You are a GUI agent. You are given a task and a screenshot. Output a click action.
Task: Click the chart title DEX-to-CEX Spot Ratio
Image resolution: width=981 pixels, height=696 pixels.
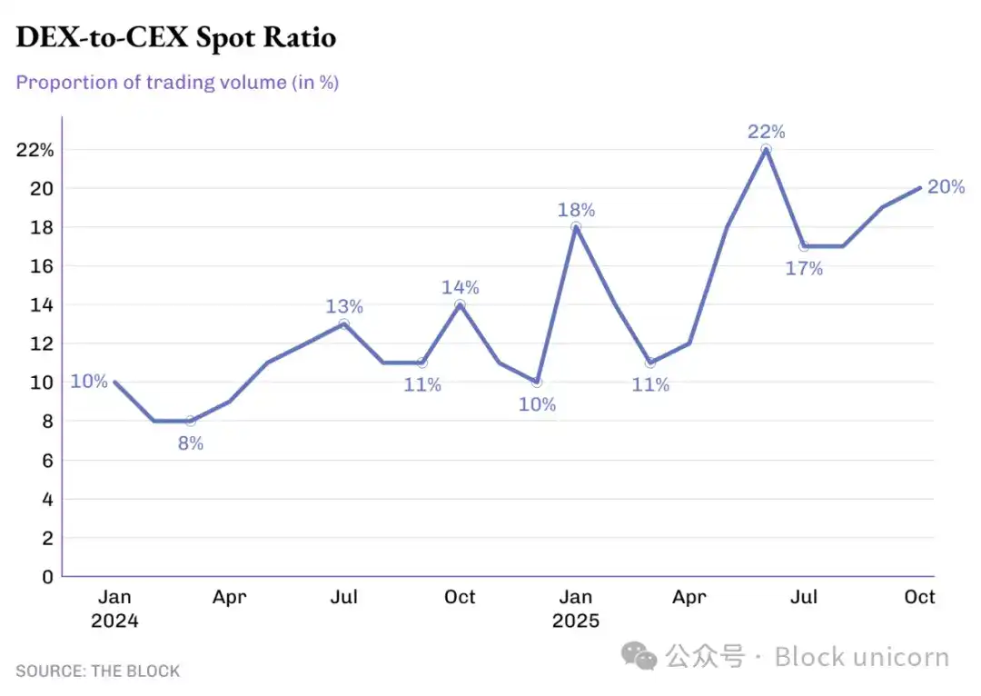[175, 37]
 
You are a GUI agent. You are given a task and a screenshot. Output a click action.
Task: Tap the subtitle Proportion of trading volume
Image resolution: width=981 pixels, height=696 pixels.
[177, 82]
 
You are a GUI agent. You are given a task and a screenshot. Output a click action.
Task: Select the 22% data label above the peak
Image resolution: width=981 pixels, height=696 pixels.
[767, 132]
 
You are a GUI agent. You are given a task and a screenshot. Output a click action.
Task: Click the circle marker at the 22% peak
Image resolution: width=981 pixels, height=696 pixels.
[767, 149]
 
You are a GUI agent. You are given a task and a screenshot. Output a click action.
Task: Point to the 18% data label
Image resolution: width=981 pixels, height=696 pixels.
[576, 210]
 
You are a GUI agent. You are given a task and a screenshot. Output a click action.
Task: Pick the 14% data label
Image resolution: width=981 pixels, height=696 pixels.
[461, 287]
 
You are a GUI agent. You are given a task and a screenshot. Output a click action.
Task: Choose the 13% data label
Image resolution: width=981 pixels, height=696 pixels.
[344, 306]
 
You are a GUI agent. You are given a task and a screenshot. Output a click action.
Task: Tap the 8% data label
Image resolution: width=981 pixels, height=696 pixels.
[190, 443]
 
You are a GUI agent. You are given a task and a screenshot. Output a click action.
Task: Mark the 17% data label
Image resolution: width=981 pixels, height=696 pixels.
[804, 268]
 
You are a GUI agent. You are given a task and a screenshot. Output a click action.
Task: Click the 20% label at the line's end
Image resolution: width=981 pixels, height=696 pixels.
[946, 187]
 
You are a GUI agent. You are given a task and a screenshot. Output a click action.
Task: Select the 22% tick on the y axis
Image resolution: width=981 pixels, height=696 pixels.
[35, 150]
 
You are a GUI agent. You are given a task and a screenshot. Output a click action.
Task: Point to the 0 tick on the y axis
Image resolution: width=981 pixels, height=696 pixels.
[47, 576]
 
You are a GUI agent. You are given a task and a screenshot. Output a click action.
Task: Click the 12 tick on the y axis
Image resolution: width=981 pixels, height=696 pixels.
[42, 343]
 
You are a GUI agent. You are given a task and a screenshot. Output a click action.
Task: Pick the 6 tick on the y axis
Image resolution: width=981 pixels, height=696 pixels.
[47, 460]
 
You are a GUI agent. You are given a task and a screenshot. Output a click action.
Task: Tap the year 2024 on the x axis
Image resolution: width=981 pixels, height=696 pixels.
[114, 621]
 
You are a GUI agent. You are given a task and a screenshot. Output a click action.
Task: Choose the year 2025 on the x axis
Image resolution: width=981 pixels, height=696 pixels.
[576, 621]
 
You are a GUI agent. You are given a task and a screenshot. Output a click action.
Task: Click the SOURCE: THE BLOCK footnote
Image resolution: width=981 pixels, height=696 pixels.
[98, 671]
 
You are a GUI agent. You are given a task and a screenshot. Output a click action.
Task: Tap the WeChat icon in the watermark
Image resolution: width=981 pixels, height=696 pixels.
[644, 656]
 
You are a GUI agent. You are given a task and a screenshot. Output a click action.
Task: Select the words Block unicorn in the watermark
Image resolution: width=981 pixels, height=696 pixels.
[861, 656]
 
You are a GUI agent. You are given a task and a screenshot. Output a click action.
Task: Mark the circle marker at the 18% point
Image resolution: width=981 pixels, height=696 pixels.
[576, 227]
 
